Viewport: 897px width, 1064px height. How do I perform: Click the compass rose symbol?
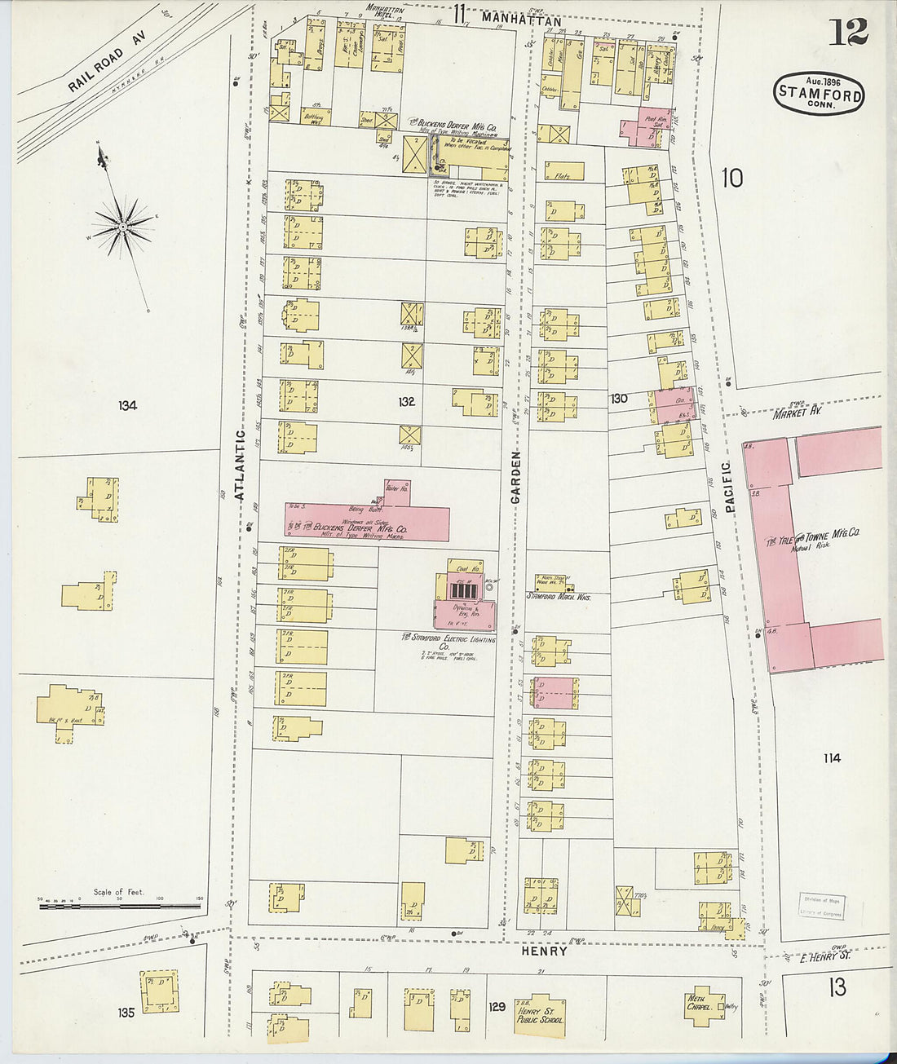[x=122, y=224]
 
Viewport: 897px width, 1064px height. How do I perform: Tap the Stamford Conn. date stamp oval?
[x=820, y=93]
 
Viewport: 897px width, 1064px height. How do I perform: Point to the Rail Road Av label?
[x=96, y=69]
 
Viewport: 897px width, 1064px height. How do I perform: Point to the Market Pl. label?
[x=796, y=413]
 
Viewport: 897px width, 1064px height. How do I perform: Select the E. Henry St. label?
[x=823, y=956]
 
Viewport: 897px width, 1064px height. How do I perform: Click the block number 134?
[x=127, y=405]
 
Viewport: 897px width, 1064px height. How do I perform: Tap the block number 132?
[x=406, y=401]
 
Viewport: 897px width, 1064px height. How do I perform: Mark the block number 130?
[x=619, y=399]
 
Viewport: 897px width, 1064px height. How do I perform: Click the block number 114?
[x=831, y=758]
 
